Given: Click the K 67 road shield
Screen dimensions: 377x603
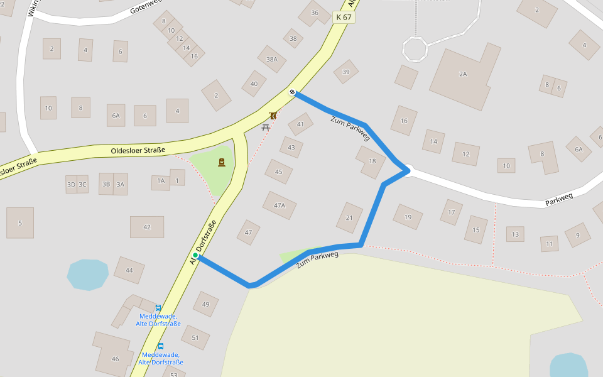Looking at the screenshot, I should click(344, 18).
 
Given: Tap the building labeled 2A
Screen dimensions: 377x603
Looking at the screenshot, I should click(464, 74).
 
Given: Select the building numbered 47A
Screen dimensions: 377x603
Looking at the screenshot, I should click(280, 205).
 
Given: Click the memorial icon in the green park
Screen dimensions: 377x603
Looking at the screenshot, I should click(222, 163).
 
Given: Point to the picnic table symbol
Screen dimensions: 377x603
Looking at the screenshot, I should click(266, 128).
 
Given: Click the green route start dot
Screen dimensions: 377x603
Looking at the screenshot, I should click(195, 256).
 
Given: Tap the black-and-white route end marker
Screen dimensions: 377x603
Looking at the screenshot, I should click(293, 92).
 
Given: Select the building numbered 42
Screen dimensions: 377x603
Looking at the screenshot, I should click(147, 227).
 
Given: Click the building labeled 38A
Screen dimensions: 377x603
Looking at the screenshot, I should click(271, 59).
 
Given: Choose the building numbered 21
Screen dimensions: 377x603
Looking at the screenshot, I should click(349, 217).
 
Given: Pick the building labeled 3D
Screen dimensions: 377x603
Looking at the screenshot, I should click(71, 184).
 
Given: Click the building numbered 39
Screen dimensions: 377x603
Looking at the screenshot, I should click(345, 72).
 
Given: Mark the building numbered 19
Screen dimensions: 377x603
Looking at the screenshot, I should click(408, 217).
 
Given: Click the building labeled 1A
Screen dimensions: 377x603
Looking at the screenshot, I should click(161, 181).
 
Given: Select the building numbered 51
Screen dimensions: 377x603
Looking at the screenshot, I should click(195, 337).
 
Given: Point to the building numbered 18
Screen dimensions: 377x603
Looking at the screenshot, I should click(371, 161).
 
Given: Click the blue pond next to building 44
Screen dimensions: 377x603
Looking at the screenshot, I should click(87, 275).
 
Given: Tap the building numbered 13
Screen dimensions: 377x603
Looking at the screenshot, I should click(515, 234).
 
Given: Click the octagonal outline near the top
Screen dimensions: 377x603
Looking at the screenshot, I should click(415, 48).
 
